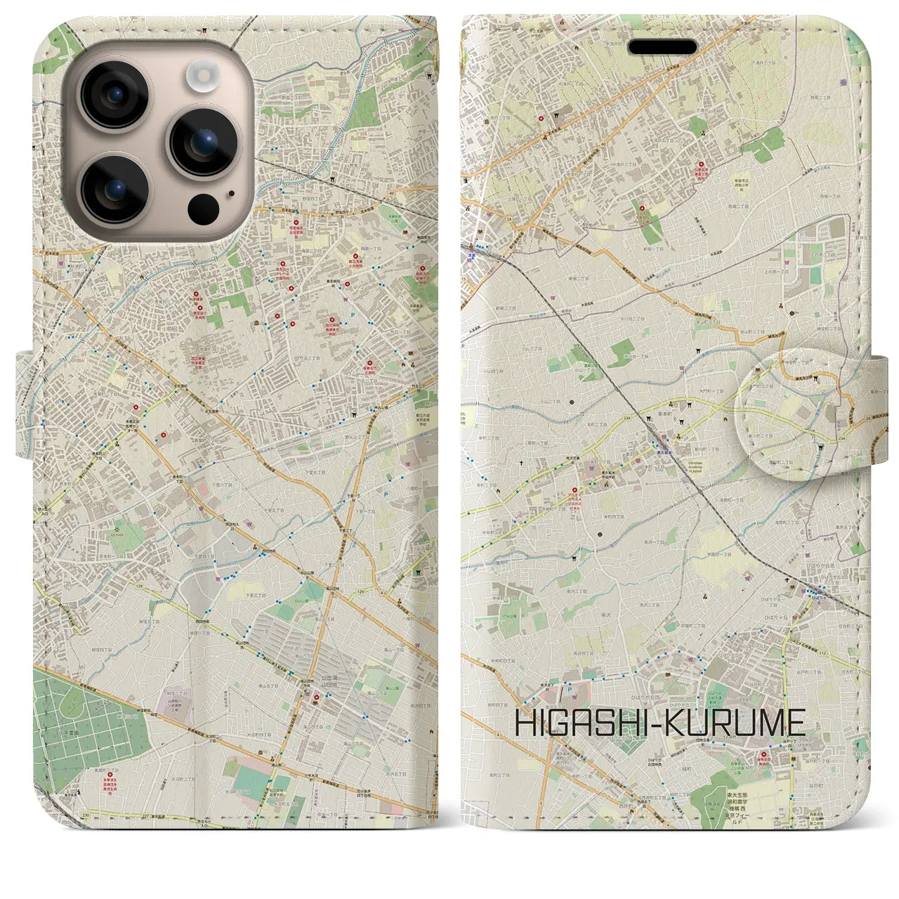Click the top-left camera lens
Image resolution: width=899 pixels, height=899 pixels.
pos(114,95)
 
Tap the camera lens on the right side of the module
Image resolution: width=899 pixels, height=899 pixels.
pos(204,142)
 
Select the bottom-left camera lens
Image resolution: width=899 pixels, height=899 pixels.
pos(114,188)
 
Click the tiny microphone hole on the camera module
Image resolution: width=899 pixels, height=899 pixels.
pos(231,193)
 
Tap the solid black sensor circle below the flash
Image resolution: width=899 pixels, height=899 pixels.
pos(204,208)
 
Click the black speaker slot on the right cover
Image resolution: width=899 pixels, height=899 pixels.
pos(662,47)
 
